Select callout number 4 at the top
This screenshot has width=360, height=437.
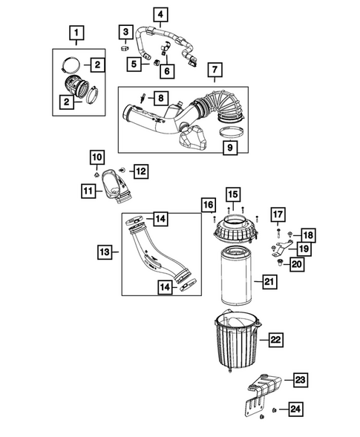tap(161, 13)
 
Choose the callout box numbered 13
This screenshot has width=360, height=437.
tap(106, 253)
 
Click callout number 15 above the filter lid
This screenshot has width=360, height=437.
tap(232, 195)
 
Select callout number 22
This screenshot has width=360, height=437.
tap(275, 340)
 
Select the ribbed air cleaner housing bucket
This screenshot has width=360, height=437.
tap(238, 344)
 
